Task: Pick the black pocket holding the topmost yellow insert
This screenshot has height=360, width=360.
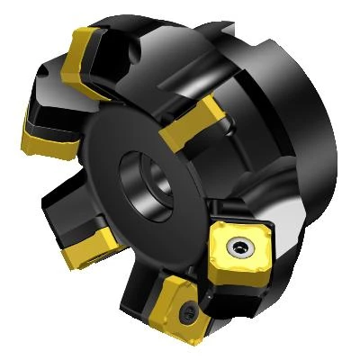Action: (117, 54)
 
